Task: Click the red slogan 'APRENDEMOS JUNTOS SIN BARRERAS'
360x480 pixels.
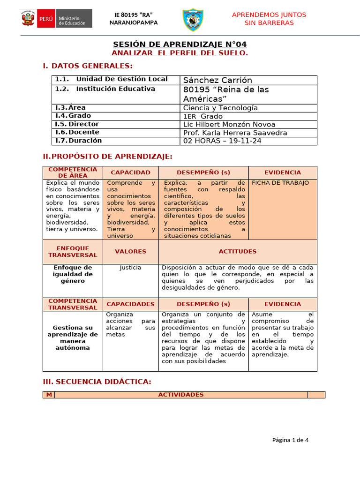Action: tap(269, 19)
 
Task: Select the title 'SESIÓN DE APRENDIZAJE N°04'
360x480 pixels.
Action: tap(180, 44)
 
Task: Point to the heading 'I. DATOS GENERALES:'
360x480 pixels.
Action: tap(88, 66)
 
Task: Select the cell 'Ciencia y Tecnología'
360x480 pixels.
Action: tap(220, 108)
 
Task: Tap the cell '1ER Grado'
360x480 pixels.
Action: tap(203, 116)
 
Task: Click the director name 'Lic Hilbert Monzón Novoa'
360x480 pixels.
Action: tap(229, 124)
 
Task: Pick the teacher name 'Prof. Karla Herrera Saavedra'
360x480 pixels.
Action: tap(235, 133)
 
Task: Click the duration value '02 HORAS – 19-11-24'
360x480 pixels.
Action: tap(222, 141)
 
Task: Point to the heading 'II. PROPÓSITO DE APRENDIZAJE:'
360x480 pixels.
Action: tap(107, 156)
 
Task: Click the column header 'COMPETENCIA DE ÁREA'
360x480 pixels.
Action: tap(73, 172)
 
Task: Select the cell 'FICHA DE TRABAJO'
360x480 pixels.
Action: tap(280, 183)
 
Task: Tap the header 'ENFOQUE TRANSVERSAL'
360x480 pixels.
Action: tap(73, 252)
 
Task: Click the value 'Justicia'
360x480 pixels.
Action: tap(130, 268)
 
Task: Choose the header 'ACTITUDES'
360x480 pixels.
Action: tap(238, 252)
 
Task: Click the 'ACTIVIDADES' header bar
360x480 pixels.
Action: tap(181, 395)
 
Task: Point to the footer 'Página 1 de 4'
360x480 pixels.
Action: tap(290, 440)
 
